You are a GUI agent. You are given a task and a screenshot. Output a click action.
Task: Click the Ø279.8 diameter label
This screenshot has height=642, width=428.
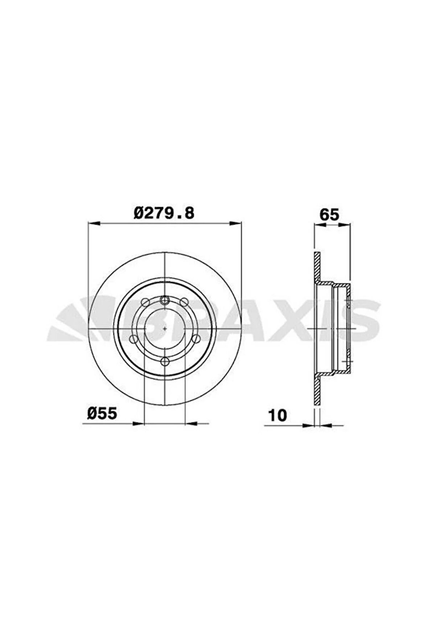164,213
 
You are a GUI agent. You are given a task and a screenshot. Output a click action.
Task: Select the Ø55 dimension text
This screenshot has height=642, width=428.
102,413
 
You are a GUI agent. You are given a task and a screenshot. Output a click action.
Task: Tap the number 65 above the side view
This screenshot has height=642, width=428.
329,214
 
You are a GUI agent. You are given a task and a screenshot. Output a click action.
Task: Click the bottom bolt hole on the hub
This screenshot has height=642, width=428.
165,361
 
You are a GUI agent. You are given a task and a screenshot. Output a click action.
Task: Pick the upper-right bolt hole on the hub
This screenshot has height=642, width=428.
184,301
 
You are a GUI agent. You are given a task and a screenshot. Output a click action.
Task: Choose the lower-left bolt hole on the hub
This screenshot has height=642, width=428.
133,339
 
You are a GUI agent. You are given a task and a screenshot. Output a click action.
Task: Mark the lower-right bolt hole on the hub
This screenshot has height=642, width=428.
196,339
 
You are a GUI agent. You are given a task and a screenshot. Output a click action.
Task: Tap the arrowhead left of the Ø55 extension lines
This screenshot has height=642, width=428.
139,423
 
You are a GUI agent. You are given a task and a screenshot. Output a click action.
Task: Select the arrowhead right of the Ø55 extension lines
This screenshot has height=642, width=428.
191,423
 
